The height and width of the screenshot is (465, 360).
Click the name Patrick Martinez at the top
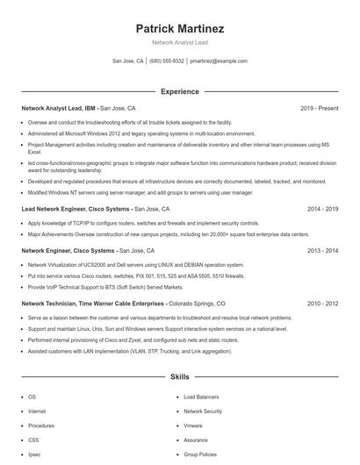point(179,28)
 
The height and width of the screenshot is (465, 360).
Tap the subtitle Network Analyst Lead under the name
point(179,42)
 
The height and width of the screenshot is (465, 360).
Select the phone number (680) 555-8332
point(167,61)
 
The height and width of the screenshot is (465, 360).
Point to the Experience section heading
point(179,91)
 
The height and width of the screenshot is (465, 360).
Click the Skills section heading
point(179,377)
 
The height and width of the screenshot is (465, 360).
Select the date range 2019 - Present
point(319,108)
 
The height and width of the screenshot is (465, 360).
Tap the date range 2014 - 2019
point(322,210)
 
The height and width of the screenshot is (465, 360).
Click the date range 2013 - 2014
point(322,250)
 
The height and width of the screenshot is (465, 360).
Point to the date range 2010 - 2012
point(322,303)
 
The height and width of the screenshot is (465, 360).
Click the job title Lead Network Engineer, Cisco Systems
point(76,210)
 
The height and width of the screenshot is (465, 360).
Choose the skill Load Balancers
point(202,397)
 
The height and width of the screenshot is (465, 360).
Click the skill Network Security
point(203,411)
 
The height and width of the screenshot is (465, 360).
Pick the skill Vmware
point(193,426)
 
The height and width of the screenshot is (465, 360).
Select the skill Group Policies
point(200,454)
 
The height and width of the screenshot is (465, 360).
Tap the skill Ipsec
point(34,454)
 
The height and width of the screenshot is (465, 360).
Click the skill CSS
point(33,440)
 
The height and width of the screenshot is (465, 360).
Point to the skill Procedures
point(40,426)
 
